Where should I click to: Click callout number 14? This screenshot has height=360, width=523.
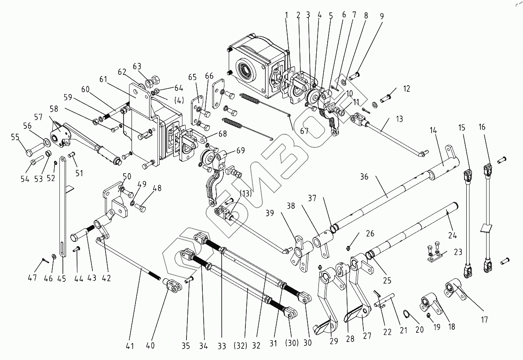point(433,131)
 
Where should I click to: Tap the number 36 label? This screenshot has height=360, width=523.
point(364,176)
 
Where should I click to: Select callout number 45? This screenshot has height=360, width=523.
point(62,278)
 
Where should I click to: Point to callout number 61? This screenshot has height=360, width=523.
point(103,79)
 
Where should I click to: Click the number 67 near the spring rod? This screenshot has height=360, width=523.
point(304,131)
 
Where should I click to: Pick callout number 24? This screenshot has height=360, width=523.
point(452,235)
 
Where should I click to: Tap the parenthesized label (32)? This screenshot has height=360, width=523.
point(241,345)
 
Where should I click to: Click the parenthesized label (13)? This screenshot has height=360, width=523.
point(245,194)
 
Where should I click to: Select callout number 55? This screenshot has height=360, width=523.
point(15,137)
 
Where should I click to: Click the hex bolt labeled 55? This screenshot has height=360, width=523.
point(35,149)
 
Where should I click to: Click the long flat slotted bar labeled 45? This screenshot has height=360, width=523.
point(63,207)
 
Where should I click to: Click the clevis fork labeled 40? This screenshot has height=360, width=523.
point(173,285)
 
